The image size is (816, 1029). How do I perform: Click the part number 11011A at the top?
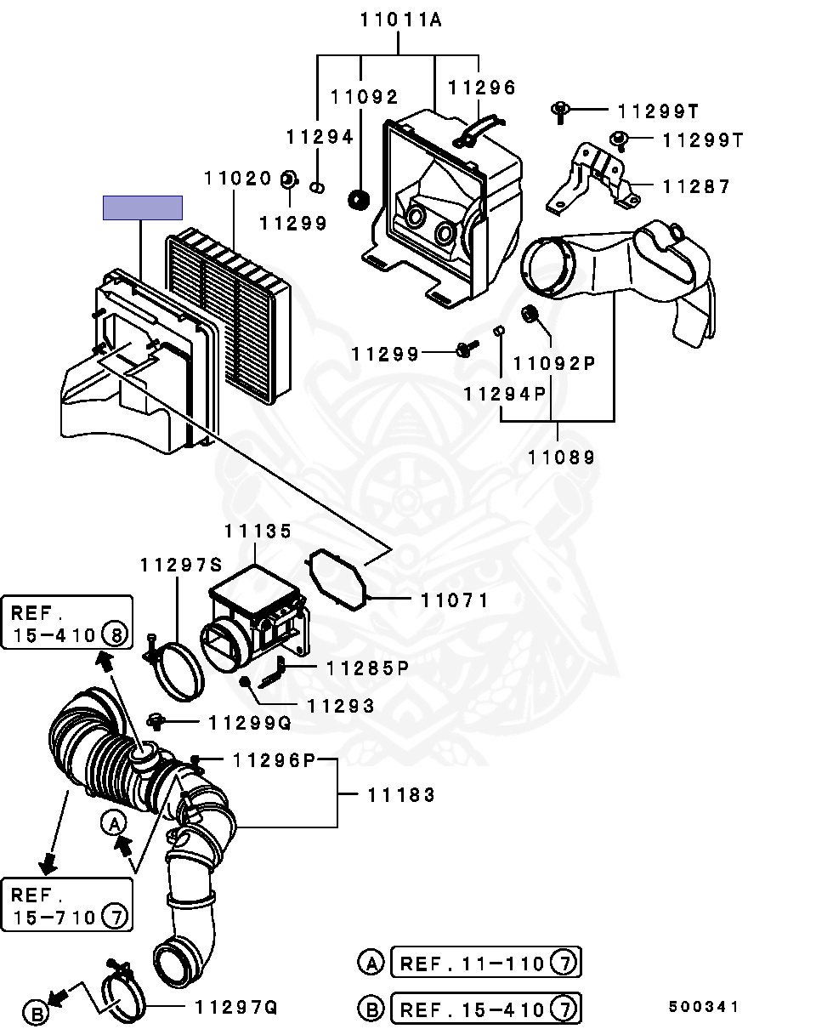pos(400,20)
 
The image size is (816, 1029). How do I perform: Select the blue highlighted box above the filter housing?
pos(143,208)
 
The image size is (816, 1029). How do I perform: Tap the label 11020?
pos(237,179)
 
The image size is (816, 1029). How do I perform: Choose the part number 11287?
pos(696,186)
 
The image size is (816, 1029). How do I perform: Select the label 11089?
pos(561,457)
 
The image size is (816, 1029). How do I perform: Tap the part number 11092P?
pos(554,363)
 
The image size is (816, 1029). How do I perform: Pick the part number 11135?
pos(258,531)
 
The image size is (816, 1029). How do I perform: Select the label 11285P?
pos(367,668)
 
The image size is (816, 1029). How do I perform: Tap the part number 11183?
pos(401,795)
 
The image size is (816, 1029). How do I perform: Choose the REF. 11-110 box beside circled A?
pos(485,964)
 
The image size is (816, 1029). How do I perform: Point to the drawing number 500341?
pos(703,1007)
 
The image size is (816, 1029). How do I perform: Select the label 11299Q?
pos(250,723)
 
